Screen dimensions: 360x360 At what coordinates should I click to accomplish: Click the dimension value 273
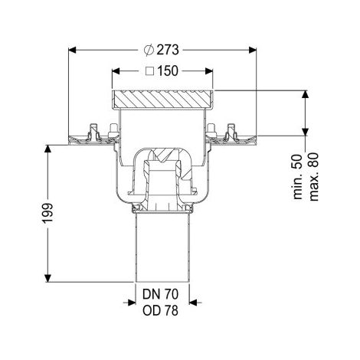pos(168,50)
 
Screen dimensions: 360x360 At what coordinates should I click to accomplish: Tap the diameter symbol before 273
pos(149,50)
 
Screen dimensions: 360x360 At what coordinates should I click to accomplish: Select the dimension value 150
pos(167,71)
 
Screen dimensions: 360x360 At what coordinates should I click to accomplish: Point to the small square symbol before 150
pos(150,71)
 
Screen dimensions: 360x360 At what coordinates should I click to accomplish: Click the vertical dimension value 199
pos(47,214)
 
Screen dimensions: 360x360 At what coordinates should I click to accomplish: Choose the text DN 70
pos(160,294)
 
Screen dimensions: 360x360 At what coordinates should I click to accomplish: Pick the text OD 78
pos(160,311)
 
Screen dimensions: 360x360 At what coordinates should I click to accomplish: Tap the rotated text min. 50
pos(298,177)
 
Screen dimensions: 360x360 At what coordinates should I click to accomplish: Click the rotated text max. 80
pos(314,177)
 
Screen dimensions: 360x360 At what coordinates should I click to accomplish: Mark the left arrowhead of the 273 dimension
pos(73,50)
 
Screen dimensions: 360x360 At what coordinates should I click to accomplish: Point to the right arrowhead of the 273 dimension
pos(253,50)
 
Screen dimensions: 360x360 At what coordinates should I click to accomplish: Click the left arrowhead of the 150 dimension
pos(116,71)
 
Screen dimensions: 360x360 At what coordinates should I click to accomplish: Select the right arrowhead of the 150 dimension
pos(209,71)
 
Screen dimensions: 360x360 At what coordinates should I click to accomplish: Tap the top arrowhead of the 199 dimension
pos(47,149)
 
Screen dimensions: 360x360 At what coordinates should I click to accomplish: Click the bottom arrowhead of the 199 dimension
pos(47,278)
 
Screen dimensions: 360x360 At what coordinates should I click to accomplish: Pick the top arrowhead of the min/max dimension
pos(305,94)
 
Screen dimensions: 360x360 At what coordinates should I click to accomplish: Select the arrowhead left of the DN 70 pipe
pos(132,303)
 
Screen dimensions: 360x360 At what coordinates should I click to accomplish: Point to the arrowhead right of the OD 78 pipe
pos(193,303)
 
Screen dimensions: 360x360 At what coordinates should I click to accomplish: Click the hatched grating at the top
pos(162,99)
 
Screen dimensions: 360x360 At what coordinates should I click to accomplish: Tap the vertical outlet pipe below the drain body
pos(162,247)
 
